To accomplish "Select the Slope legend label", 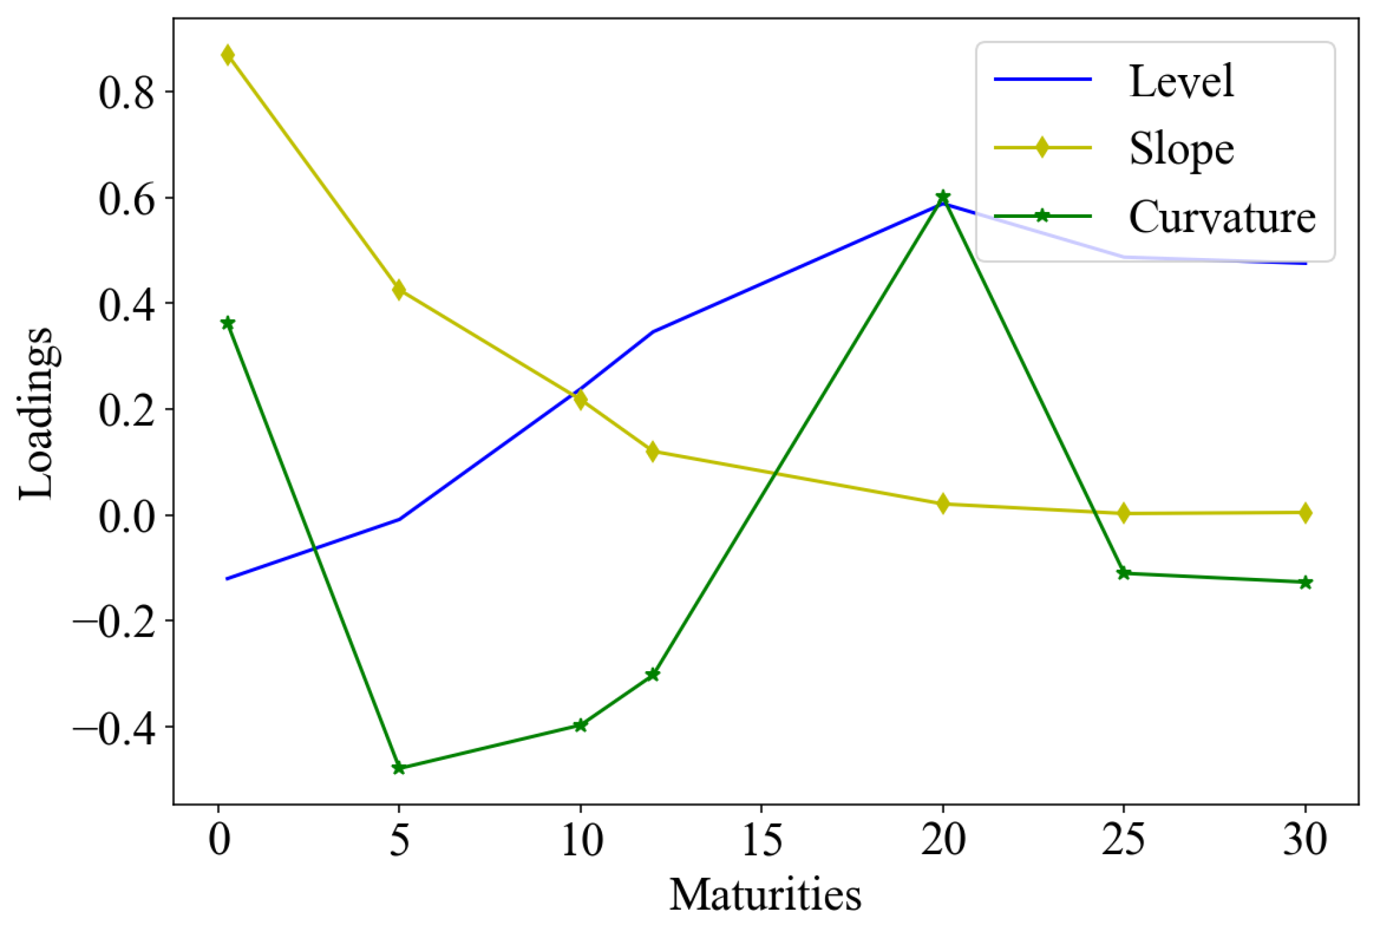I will coord(1180,149).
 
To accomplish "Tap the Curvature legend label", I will coord(1221,217).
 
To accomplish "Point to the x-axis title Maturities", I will coord(764,895).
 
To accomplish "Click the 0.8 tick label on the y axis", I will coord(127,92).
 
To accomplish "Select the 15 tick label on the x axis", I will coord(761,840).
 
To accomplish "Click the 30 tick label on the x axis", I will coord(1305,840).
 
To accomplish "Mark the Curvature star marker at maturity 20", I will coord(942,197).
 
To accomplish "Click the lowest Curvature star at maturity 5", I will coord(398,768).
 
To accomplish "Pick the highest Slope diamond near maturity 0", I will coord(227,55).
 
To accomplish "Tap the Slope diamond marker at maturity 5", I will coord(398,290).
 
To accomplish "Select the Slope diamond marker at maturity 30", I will coord(1305,513).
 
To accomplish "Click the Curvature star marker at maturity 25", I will coord(1123,573).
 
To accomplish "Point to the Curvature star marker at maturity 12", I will coord(652,675).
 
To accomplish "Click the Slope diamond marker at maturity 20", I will coord(942,504).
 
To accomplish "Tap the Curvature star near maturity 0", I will coord(227,323).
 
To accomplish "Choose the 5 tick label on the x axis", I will coord(399,840).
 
